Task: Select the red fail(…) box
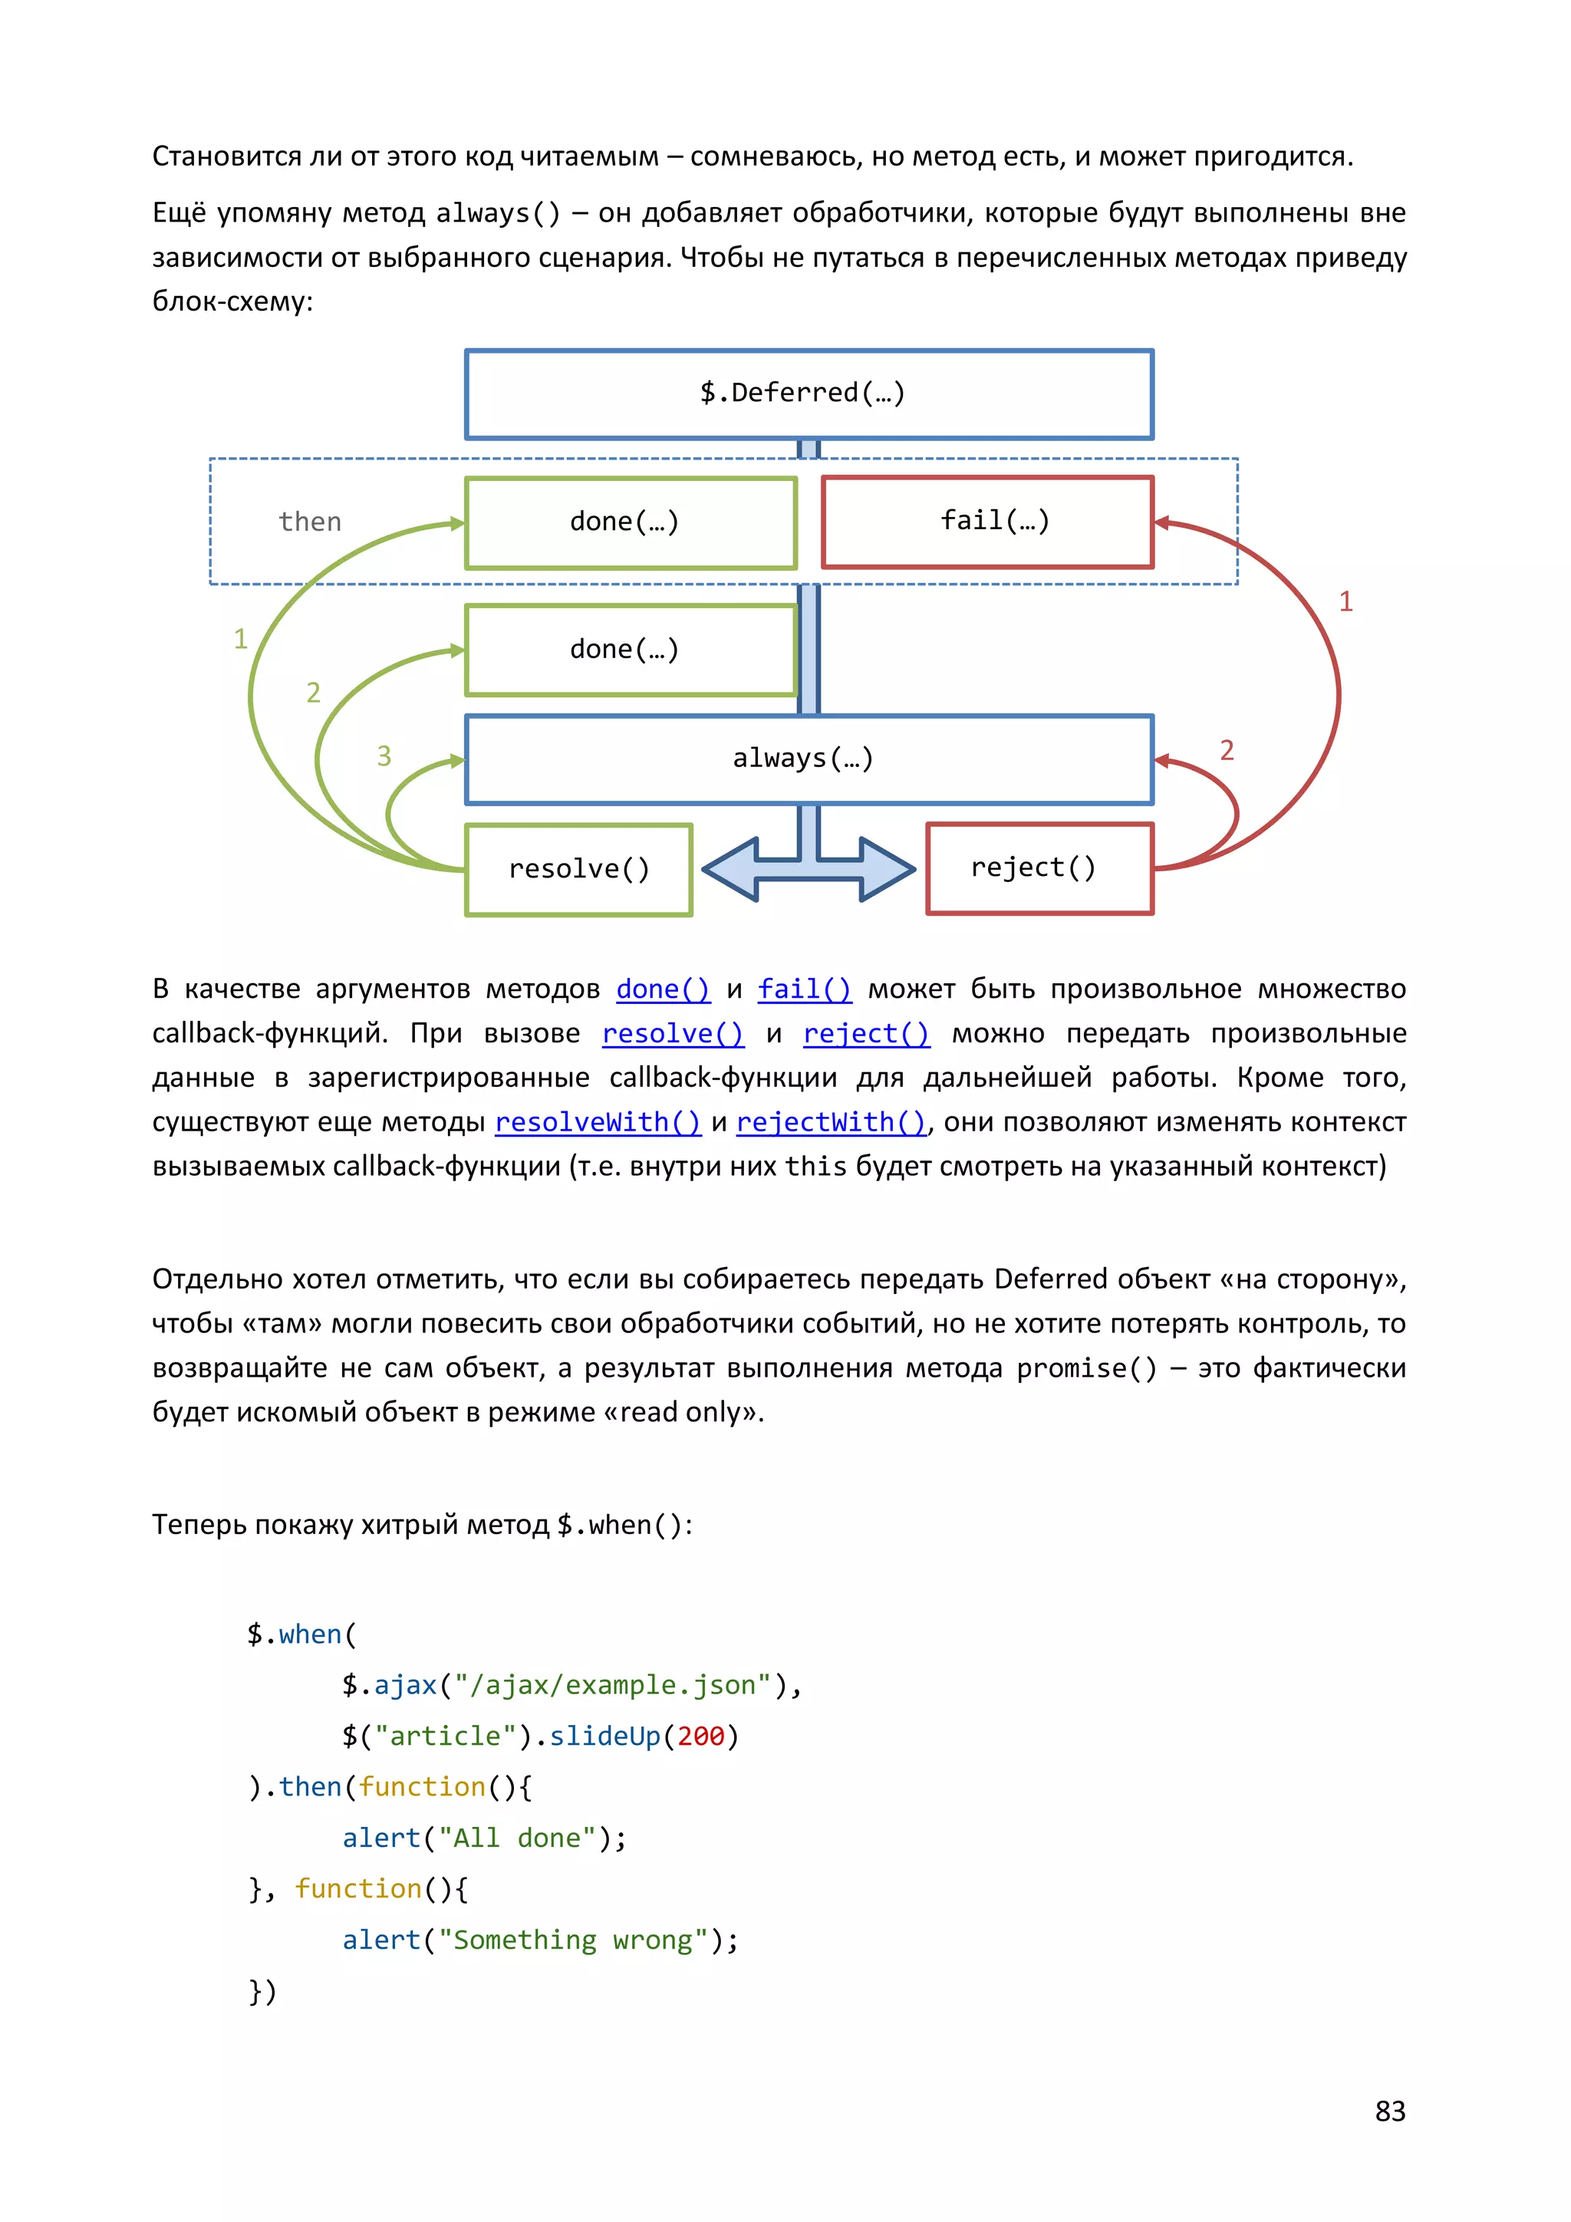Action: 987,522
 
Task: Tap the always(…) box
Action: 809,759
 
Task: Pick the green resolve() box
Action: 579,869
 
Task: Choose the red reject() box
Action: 1039,868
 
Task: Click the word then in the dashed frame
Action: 310,522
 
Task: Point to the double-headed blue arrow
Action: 809,868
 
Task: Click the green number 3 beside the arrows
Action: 384,755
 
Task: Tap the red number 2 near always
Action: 1227,750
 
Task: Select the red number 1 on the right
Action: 1345,601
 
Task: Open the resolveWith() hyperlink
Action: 598,1123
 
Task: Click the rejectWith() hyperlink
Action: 832,1123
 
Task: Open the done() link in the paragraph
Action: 662,989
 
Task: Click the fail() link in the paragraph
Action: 805,989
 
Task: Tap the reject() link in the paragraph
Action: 865,1034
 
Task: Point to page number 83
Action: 1389,2111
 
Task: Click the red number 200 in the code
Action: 701,1736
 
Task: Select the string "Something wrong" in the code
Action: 573,1941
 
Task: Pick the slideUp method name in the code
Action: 605,1736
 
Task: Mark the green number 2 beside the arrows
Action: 313,693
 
